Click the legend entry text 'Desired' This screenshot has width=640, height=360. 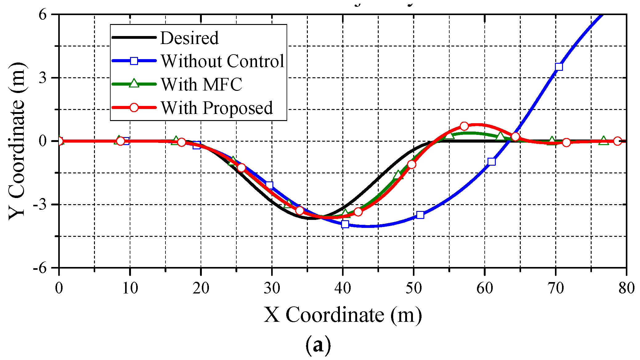point(189,38)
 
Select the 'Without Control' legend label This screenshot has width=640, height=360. point(222,61)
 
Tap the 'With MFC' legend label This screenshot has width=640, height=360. point(202,84)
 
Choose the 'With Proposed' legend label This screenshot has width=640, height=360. point(217,108)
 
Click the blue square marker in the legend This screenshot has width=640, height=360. point(134,61)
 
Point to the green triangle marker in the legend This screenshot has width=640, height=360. point(134,83)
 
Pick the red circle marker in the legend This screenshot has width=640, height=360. point(134,107)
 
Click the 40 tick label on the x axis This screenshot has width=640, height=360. point(343,288)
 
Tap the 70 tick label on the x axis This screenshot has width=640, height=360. point(556,288)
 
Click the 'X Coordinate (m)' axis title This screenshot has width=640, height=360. point(343,315)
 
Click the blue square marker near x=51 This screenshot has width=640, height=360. point(420,215)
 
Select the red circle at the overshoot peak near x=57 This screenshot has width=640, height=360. point(464,126)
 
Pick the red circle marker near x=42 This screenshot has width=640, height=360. point(358,212)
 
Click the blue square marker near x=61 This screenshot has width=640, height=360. point(492,162)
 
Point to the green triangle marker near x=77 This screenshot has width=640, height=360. point(604,141)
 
